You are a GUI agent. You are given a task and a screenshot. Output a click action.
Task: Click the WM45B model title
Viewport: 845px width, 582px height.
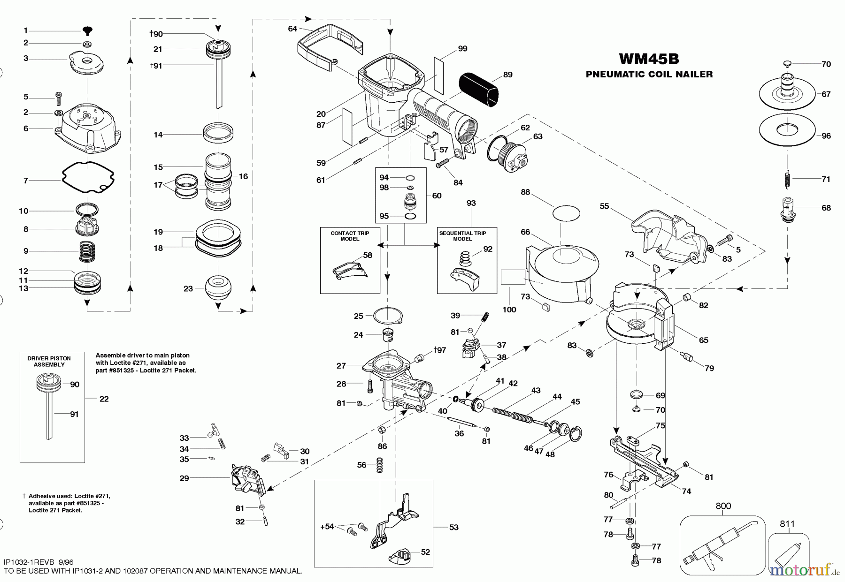tap(649, 59)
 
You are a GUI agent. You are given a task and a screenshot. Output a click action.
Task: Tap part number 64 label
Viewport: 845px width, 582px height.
tap(292, 29)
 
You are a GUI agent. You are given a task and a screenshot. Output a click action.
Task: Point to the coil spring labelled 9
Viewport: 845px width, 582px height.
tap(85, 251)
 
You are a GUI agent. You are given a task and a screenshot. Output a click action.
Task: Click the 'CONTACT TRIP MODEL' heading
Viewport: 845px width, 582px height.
tap(350, 236)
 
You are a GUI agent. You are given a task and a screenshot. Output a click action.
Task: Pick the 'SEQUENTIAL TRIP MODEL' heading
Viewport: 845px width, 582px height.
tap(462, 236)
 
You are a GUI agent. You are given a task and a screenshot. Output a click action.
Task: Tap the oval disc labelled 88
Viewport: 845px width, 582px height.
tap(567, 214)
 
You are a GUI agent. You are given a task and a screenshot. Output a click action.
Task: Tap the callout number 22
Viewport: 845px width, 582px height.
tap(104, 399)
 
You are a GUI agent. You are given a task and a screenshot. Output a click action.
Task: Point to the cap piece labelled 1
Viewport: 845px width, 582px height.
tap(87, 30)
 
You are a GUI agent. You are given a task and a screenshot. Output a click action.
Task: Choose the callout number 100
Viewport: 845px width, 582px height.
tap(509, 310)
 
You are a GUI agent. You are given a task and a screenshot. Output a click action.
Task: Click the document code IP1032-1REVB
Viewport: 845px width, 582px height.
tap(29, 562)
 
